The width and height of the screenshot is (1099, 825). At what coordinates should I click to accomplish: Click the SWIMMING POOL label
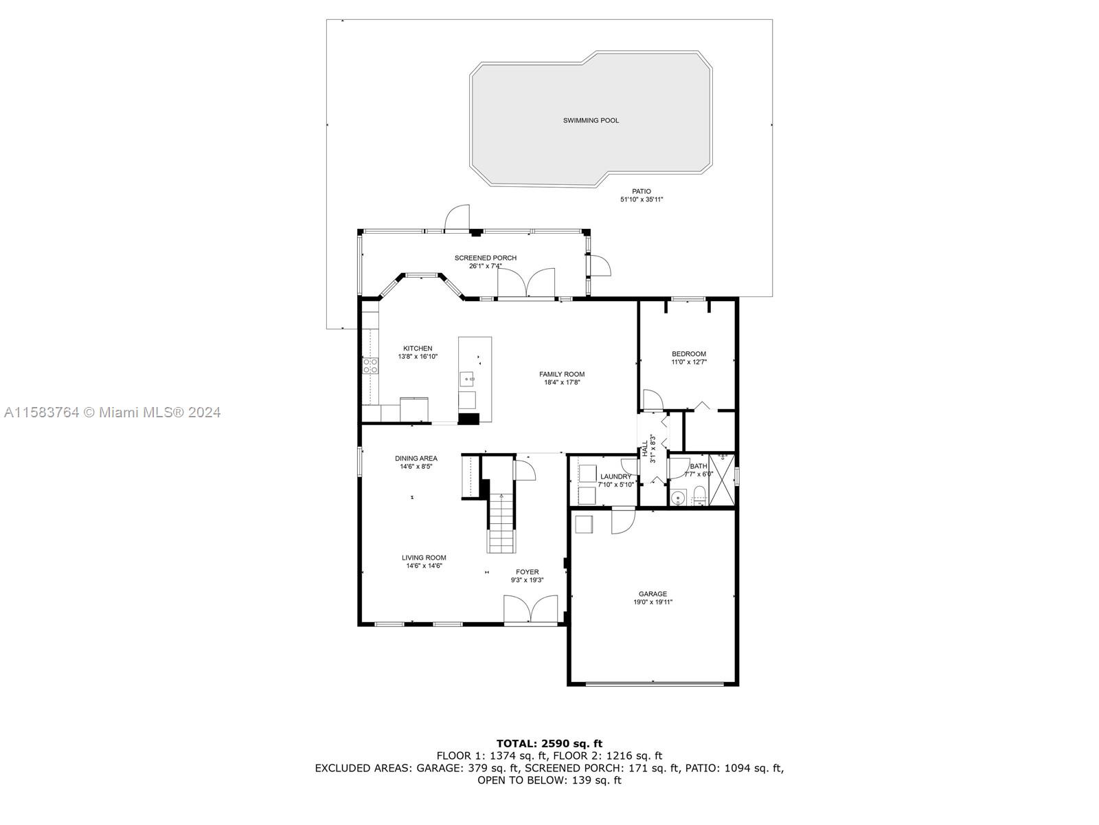(591, 120)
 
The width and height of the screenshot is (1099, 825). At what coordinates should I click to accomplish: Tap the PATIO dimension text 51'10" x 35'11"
(642, 199)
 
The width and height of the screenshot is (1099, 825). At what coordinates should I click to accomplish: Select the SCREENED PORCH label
(485, 258)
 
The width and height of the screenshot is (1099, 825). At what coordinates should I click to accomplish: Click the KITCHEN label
(418, 349)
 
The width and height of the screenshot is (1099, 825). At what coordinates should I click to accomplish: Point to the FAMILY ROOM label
(562, 374)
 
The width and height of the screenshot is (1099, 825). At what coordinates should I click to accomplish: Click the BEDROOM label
(688, 354)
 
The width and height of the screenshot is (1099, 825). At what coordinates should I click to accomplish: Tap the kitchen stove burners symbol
(370, 366)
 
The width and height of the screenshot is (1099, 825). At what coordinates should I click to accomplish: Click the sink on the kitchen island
(467, 379)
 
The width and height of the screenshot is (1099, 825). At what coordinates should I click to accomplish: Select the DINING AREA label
(416, 459)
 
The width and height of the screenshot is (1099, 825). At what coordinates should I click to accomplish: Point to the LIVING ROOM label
(424, 558)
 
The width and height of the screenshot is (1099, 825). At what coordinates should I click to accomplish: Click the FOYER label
(528, 572)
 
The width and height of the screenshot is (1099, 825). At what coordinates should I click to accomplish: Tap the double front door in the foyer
(531, 610)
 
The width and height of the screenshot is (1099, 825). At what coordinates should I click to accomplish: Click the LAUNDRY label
(615, 477)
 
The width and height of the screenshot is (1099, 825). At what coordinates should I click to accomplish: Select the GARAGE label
(653, 594)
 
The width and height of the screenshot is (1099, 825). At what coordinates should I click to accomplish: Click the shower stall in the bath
(721, 480)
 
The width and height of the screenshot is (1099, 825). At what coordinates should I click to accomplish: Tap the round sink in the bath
(677, 498)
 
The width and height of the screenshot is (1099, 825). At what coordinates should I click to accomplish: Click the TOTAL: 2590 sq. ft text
(549, 743)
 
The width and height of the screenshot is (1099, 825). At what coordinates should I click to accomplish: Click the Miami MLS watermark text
(112, 412)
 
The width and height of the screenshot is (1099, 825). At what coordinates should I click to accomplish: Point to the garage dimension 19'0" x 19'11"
(653, 602)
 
